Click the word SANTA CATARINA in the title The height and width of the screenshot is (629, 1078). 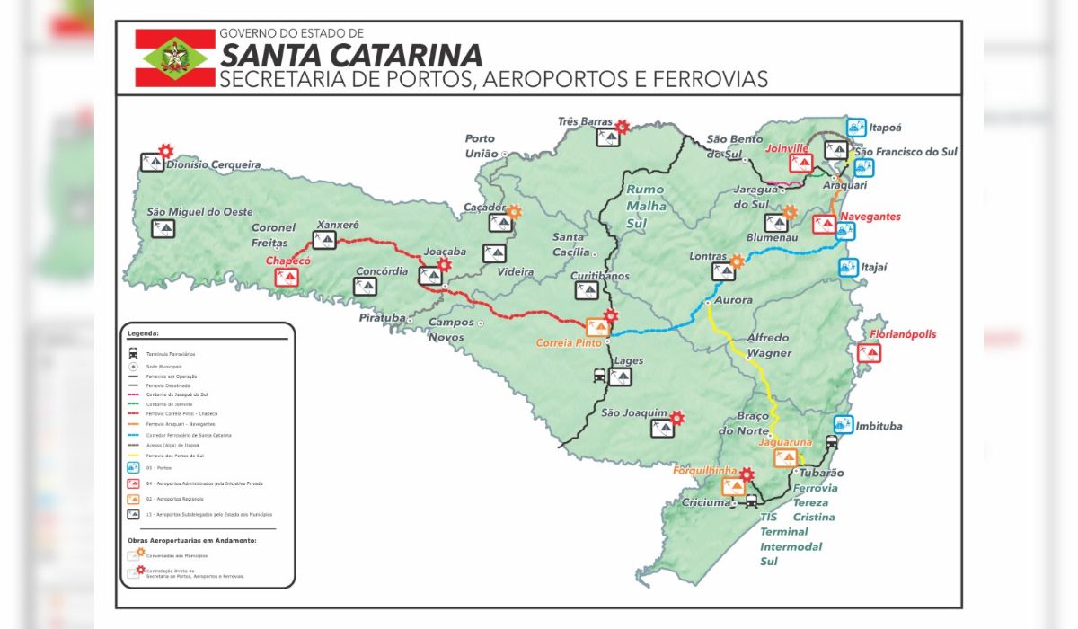[x=351, y=55]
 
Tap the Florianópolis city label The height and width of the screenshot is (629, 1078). [x=902, y=334]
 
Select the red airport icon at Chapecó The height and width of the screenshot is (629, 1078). [x=288, y=277]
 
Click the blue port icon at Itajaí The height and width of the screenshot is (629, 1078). [x=847, y=268]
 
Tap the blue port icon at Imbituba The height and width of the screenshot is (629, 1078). [x=843, y=424]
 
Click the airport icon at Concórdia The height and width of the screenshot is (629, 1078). [x=365, y=287]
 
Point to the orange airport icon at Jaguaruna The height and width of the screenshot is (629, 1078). [x=785, y=458]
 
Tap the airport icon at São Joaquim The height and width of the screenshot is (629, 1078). [x=662, y=429]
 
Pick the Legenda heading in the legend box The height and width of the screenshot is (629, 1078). [x=143, y=333]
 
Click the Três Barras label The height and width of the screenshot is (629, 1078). [x=585, y=121]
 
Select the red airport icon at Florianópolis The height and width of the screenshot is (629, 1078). [x=869, y=353]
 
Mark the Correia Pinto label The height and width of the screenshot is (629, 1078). [x=569, y=343]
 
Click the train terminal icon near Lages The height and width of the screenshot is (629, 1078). [x=599, y=377]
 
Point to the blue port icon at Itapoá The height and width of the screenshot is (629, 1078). [x=857, y=127]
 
